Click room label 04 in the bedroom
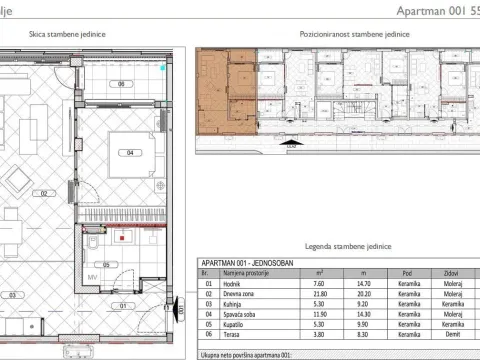click(130, 153)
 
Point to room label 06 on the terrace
click(121, 84)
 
